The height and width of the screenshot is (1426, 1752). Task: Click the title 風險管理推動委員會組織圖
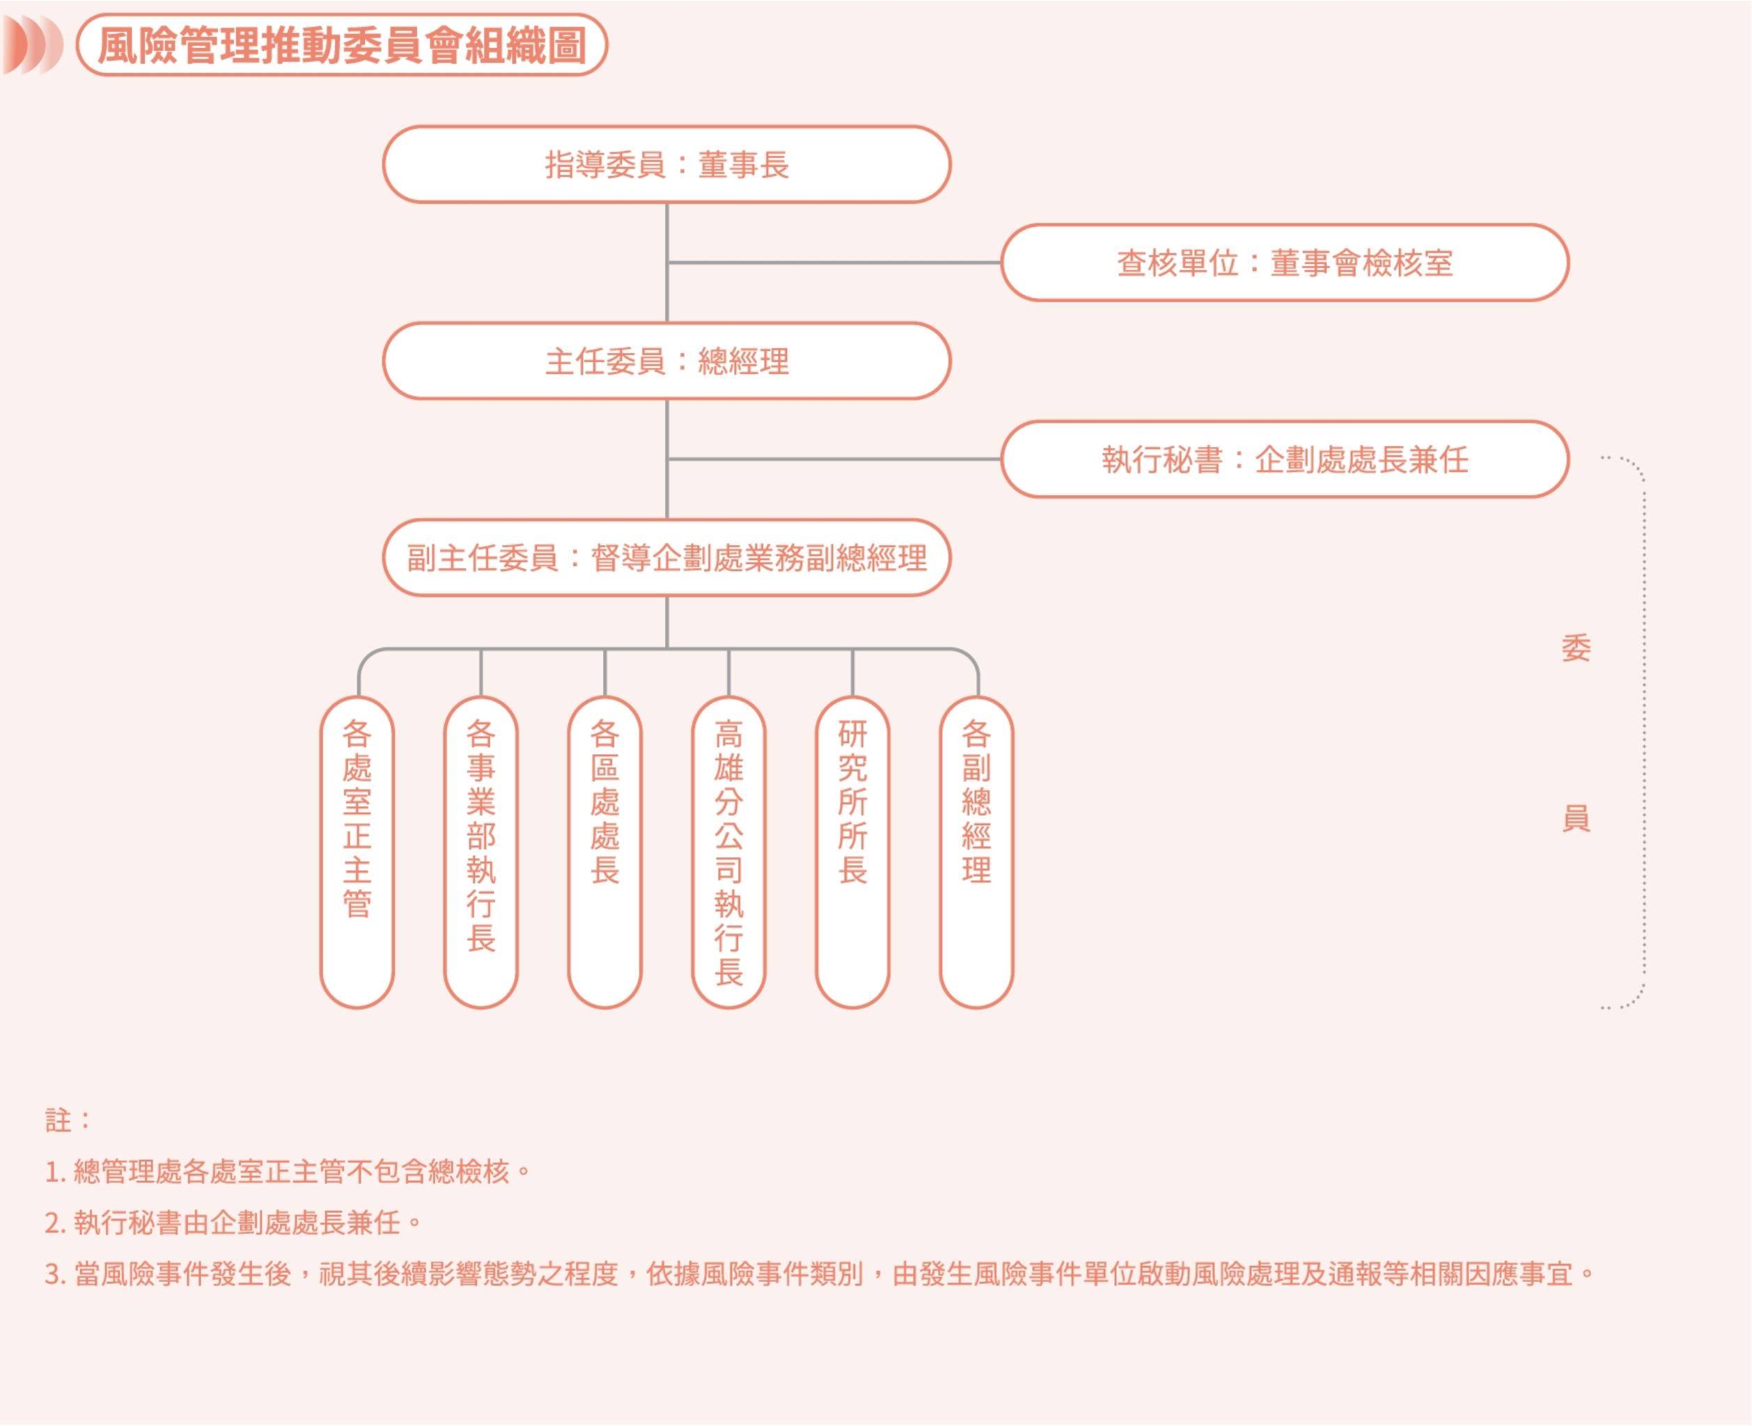tap(341, 45)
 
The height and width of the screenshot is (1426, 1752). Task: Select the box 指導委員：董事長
tap(666, 164)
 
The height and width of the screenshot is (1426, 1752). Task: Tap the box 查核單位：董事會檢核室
tap(1284, 263)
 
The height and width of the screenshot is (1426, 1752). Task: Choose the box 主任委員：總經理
tap(666, 361)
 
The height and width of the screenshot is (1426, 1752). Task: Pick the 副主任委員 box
tap(666, 558)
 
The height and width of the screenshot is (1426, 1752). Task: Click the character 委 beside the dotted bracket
tap(1575, 648)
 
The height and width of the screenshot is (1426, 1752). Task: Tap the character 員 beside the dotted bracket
tap(1575, 818)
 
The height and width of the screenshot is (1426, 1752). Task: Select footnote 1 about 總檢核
tap(288, 1171)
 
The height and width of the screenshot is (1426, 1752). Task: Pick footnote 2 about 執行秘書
tap(234, 1223)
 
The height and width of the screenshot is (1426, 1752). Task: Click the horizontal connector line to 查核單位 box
tap(834, 263)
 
